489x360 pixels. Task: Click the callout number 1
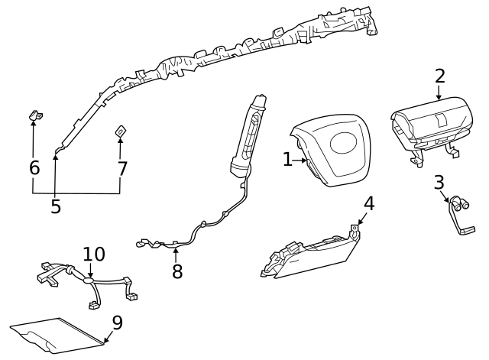(x=287, y=159)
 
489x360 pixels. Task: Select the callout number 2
(x=439, y=76)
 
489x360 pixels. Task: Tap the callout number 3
(x=439, y=183)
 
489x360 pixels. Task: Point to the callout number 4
(x=369, y=203)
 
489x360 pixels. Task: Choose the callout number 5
(x=55, y=206)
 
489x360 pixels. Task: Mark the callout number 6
(x=34, y=167)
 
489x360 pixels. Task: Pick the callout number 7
(x=122, y=167)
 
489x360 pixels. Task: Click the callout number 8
(x=177, y=271)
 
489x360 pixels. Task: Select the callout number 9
(x=117, y=323)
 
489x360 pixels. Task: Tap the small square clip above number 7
(x=121, y=131)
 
